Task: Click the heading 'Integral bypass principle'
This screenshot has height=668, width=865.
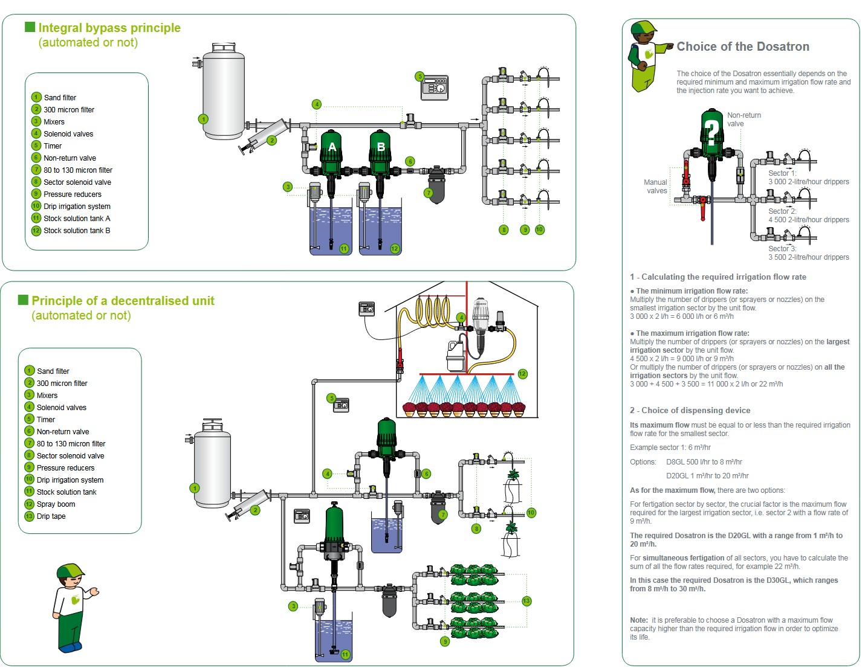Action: click(x=109, y=28)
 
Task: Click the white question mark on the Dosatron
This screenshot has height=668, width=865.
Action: click(x=713, y=130)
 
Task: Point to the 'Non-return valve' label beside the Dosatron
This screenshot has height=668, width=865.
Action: click(x=744, y=120)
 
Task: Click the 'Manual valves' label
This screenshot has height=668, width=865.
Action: click(x=656, y=186)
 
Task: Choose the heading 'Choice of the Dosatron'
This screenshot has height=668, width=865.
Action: click(x=742, y=47)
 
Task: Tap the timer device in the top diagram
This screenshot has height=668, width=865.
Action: click(x=435, y=88)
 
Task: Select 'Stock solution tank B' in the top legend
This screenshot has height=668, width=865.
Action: click(x=77, y=231)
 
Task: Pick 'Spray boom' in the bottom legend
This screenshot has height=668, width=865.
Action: click(x=56, y=504)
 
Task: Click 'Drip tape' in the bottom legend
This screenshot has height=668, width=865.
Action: click(x=51, y=516)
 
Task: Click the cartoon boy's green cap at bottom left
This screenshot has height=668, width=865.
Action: click(x=71, y=571)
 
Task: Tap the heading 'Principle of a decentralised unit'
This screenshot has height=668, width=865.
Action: click(x=123, y=301)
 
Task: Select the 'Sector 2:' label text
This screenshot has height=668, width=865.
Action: click(x=782, y=211)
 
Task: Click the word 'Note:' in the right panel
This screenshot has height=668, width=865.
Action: click(x=639, y=620)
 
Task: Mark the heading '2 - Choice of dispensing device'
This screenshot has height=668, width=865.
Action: click(x=690, y=410)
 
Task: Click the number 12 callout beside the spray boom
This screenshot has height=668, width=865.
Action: click(x=522, y=374)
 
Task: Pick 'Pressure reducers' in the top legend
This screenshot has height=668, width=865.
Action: click(x=73, y=194)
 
